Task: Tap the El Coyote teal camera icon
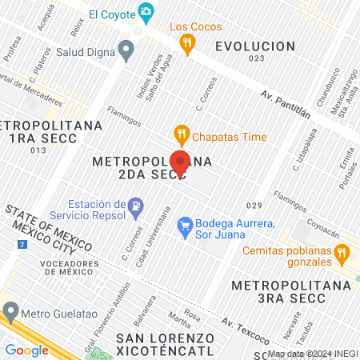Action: point(146,12)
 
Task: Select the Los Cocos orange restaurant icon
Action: point(188,45)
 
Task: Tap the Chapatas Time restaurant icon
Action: point(181,136)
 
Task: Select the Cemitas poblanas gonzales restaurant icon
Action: point(342,255)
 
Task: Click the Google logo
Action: point(26,350)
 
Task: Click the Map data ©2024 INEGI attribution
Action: point(312,354)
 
